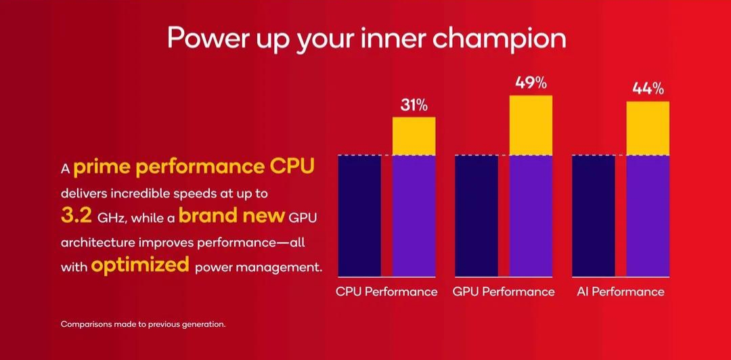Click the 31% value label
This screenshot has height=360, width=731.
click(414, 106)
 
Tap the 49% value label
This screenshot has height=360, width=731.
click(531, 83)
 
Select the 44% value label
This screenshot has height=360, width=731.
click(648, 89)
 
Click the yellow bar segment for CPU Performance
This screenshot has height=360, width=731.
click(414, 136)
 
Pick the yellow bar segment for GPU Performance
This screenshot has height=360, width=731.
click(531, 125)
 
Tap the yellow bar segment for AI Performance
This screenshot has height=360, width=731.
click(648, 129)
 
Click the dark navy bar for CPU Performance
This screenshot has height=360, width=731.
click(359, 216)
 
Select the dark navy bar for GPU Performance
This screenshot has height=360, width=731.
click(477, 216)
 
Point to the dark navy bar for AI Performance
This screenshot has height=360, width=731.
click(594, 216)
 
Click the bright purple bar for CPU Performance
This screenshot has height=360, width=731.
click(414, 216)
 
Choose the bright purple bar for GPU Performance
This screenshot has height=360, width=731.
click(531, 216)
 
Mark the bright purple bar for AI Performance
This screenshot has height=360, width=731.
click(648, 216)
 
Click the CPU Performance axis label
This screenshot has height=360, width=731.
click(386, 292)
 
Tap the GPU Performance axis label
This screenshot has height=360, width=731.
click(504, 292)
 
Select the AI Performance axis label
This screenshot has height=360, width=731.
click(621, 292)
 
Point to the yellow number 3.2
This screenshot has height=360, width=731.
click(76, 217)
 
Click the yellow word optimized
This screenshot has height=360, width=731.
click(140, 265)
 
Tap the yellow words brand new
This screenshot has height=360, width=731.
click(231, 216)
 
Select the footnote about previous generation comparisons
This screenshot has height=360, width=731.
click(143, 324)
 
